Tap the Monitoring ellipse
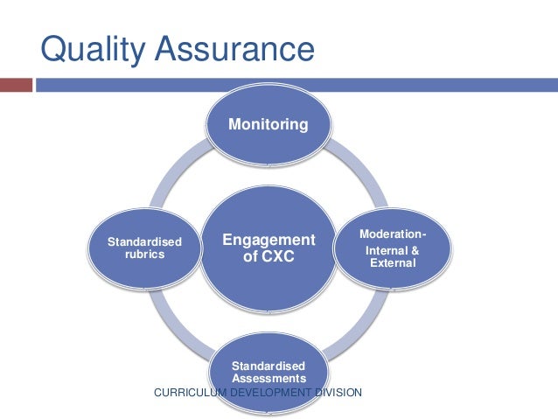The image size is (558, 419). pos(268,126)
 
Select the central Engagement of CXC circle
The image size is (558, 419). pos(268,250)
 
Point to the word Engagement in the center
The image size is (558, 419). pos(268,241)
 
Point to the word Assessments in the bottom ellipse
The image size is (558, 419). pos(269,378)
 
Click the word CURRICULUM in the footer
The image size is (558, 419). pos(191,395)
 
